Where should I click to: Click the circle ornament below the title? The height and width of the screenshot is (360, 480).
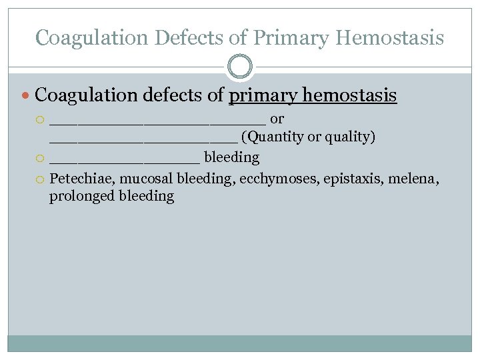click(x=240, y=67)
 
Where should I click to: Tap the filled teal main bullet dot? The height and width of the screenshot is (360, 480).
click(x=26, y=97)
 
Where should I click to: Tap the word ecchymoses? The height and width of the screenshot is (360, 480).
click(x=275, y=177)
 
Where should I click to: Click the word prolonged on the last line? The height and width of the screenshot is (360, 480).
click(x=81, y=197)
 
